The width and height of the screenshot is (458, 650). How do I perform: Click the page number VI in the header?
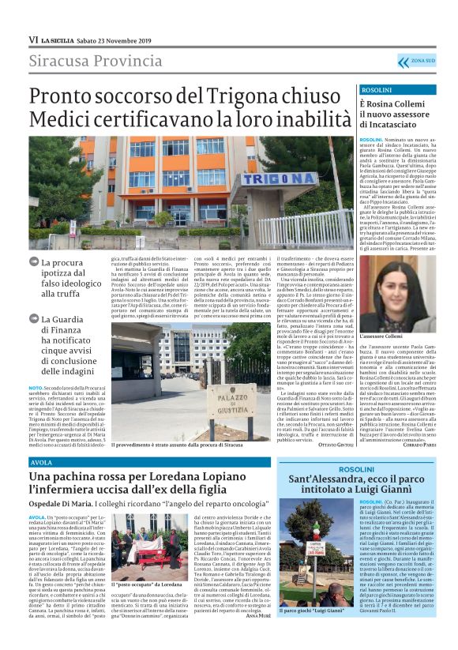coord(33,39)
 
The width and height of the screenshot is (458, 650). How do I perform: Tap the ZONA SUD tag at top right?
coord(422,60)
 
